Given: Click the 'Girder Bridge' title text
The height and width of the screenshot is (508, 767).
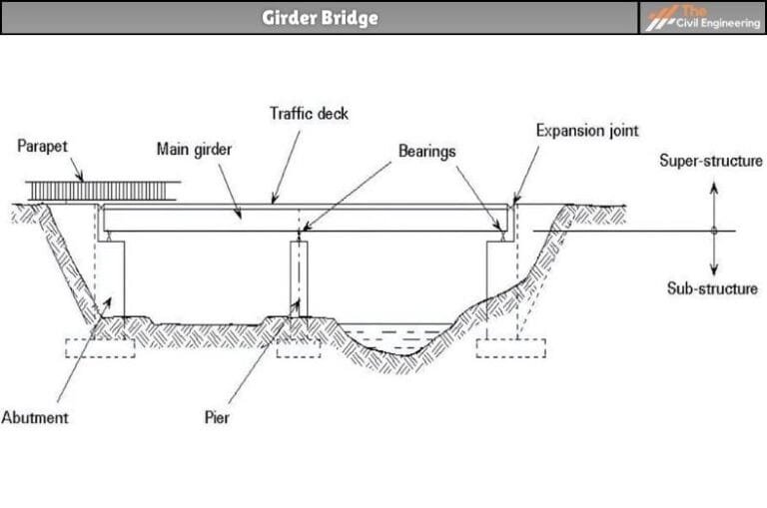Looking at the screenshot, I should coord(320,17).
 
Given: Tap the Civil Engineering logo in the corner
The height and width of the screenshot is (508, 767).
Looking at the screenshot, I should coord(702,17).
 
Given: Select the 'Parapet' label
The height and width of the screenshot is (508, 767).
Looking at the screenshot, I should coord(43,147).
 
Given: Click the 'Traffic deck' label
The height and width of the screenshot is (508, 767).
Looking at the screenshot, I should coord(309,114).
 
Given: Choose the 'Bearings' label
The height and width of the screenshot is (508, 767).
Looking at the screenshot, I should coord(426,152).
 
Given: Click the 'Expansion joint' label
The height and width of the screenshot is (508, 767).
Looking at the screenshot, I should coord(586,131).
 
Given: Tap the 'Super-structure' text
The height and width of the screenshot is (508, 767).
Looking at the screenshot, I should coord(711,160).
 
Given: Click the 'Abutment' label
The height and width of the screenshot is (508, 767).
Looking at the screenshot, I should coord(35,416).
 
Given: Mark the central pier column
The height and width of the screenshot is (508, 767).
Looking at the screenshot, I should coord(299,278).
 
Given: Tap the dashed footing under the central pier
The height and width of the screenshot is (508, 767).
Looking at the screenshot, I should coord(298,348).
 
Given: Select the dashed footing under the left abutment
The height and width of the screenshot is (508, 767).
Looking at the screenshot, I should coord(100,348).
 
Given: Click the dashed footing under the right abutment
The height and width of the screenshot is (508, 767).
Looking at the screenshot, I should coord(510,348).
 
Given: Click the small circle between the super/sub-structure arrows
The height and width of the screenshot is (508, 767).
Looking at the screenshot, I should coord(714,231).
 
